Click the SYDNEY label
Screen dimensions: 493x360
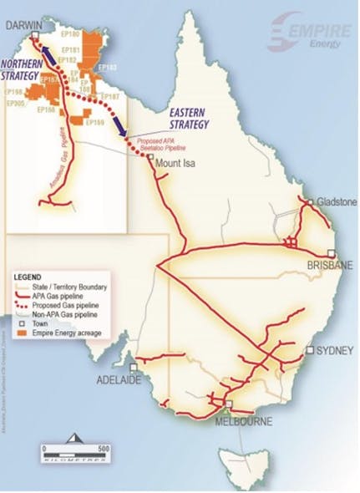(x=332, y=349)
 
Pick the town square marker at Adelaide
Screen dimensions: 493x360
(x=134, y=366)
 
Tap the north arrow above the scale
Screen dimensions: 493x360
(x=74, y=438)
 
